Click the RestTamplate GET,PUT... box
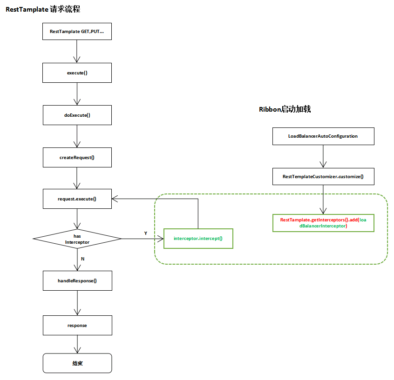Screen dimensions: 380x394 [77, 31]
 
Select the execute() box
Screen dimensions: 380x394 [77, 73]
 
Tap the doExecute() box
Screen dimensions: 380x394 [77, 115]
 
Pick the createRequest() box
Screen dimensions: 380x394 [77, 157]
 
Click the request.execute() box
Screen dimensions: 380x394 [77, 199]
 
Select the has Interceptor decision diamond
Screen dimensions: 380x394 [77, 239]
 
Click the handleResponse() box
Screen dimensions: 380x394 [77, 281]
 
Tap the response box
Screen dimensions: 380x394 [77, 325]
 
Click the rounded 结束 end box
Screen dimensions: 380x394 [77, 363]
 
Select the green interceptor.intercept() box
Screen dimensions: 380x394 [198, 239]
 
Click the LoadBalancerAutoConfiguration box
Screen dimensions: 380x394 [323, 136]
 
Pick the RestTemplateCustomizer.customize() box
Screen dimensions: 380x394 [323, 177]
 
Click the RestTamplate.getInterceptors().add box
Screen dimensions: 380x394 [323, 222]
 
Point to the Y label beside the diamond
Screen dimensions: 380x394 [145, 233]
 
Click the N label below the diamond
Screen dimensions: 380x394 [83, 258]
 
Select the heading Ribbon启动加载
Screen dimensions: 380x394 [285, 109]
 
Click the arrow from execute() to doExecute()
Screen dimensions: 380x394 [77, 94]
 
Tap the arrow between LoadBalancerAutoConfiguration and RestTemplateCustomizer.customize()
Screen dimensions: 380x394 [323, 156]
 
